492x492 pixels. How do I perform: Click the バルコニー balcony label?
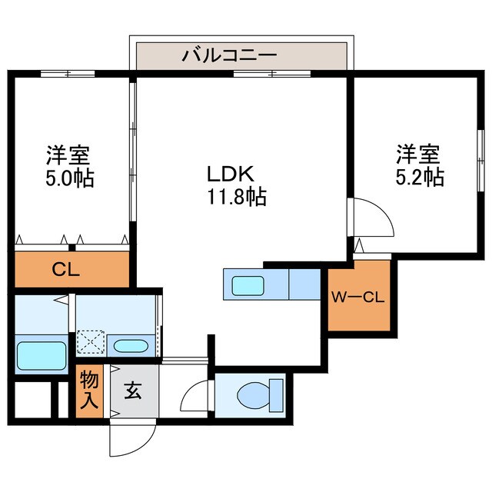tap(229, 55)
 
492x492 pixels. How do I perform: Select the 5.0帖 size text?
tap(68, 178)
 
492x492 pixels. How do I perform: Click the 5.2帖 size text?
tap(418, 176)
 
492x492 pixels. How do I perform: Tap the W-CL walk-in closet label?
tap(357, 298)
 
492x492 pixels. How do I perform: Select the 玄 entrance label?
tap(132, 391)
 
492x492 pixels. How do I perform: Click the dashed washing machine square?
tap(91, 341)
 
